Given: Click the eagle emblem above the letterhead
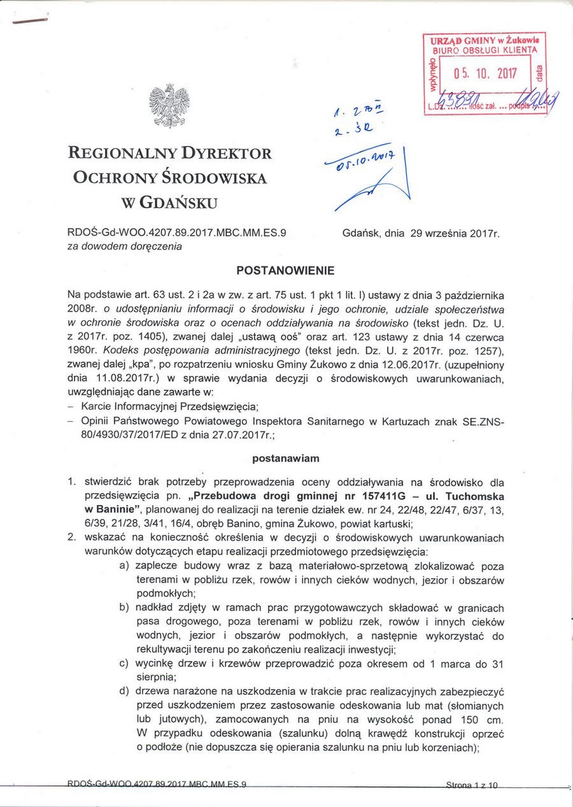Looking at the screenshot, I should pyautogui.click(x=169, y=106).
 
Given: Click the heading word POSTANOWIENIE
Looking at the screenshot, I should pyautogui.click(x=285, y=271).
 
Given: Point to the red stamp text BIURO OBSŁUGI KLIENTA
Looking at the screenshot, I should pyautogui.click(x=485, y=50).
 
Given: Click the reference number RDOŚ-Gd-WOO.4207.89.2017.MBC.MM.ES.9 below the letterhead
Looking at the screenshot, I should pyautogui.click(x=176, y=233).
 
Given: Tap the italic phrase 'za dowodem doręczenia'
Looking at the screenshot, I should pyautogui.click(x=125, y=246).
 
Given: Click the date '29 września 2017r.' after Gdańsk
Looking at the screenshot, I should pyautogui.click(x=455, y=234).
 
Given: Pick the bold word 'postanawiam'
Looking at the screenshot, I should pyautogui.click(x=286, y=458).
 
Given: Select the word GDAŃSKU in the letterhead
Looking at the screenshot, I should pyautogui.click(x=178, y=203).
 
